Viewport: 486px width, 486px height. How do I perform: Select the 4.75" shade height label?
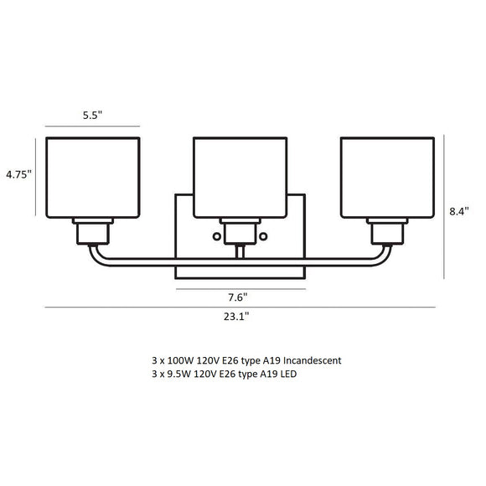(18, 174)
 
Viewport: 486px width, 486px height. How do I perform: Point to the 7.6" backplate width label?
(237, 296)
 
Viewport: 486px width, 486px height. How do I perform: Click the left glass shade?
(92, 177)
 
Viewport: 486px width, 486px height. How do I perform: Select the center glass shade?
(242, 177)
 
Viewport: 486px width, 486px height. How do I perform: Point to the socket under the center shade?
(241, 231)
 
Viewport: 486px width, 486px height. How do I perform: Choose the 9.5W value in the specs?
(178, 374)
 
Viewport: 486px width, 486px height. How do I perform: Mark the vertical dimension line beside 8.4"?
(443, 206)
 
